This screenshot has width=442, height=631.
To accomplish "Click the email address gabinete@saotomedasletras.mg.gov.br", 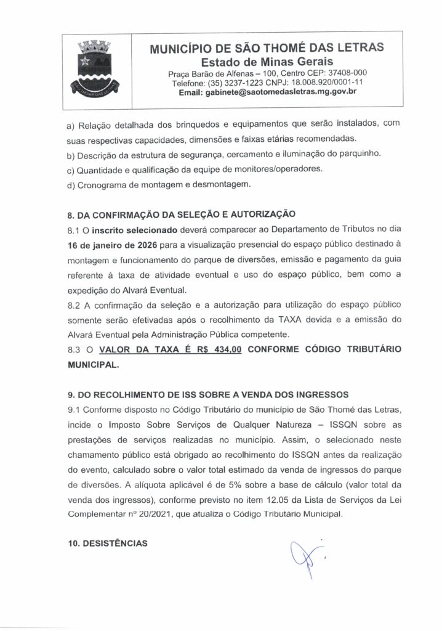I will click(x=267, y=92).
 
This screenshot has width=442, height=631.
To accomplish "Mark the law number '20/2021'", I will click(x=163, y=513).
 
